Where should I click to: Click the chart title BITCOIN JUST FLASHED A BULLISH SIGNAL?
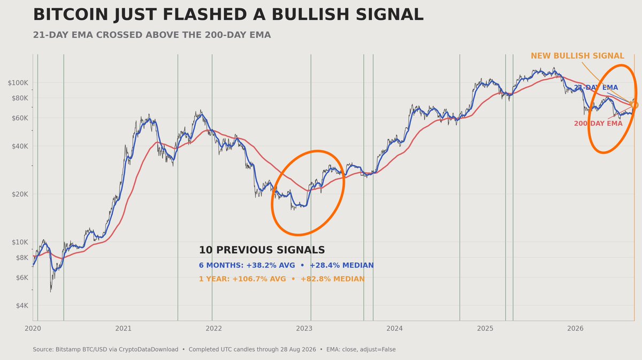[228, 14]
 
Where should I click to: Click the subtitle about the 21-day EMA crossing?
[152, 35]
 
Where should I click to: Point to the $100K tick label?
[18, 83]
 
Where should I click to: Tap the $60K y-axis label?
[20, 118]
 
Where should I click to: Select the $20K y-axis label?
[20, 194]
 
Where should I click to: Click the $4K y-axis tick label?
[22, 305]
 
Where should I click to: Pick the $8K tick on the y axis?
[22, 258]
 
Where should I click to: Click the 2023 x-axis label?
[304, 328]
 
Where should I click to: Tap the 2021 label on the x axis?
[123, 328]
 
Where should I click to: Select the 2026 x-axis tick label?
[575, 328]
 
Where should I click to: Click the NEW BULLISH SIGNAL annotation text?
[577, 56]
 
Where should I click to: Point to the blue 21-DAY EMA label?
[596, 87]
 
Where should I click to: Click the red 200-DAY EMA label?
[598, 124]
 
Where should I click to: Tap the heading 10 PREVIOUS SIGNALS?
[262, 250]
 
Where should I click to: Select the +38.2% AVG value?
[271, 265]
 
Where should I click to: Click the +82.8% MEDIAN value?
[332, 279]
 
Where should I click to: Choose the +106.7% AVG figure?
[259, 279]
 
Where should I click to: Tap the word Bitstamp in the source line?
[68, 350]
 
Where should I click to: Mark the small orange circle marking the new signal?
[635, 105]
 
